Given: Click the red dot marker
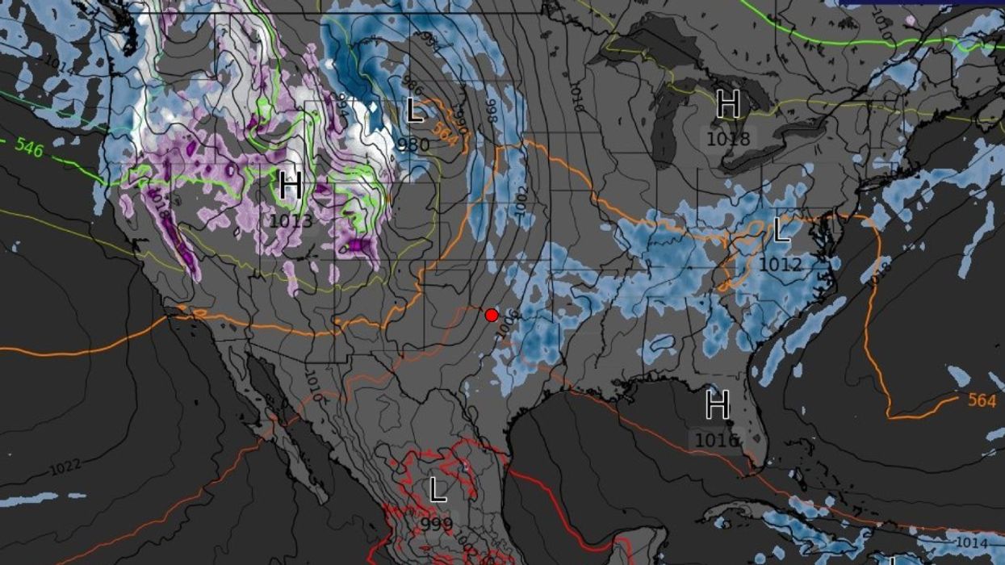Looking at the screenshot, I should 491,315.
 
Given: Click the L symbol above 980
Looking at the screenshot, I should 415,111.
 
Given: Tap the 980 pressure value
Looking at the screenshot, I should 413,144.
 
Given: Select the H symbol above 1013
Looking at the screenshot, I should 291,186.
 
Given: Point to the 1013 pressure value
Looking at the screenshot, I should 291,220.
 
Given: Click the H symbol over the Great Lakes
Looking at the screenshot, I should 728,105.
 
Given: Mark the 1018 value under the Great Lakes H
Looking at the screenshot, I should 728,139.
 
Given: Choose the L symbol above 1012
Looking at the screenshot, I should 781,232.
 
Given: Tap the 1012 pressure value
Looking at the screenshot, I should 781,264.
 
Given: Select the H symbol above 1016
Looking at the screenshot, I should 717,405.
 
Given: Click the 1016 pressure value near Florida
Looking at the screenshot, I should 717,439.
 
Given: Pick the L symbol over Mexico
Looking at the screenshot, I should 438,490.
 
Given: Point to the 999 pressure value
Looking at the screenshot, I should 437,522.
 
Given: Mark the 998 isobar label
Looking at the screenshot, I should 490,111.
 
